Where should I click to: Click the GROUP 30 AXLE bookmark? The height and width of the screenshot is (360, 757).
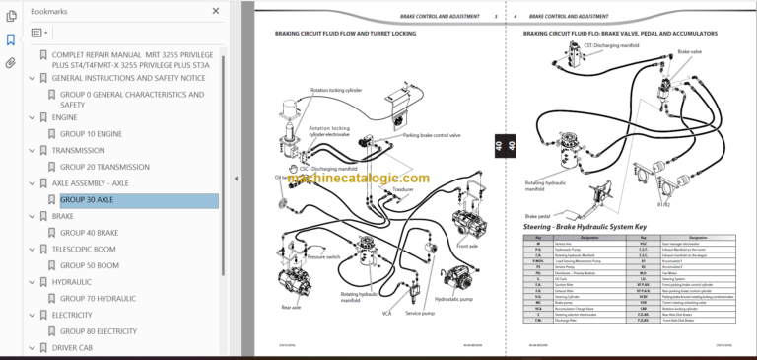[87, 199]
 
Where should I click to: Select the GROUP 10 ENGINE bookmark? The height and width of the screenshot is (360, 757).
[91, 134]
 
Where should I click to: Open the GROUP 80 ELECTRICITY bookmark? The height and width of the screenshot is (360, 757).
[99, 331]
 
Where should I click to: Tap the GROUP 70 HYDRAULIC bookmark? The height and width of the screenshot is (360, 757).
[98, 297]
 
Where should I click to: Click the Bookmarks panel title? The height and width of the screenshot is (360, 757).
[50, 10]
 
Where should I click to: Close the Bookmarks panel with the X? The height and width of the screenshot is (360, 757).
[216, 10]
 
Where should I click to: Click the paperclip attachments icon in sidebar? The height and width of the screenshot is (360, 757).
[11, 62]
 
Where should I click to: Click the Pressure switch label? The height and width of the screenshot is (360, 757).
[325, 256]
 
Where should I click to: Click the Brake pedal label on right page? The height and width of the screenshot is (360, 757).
[537, 215]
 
